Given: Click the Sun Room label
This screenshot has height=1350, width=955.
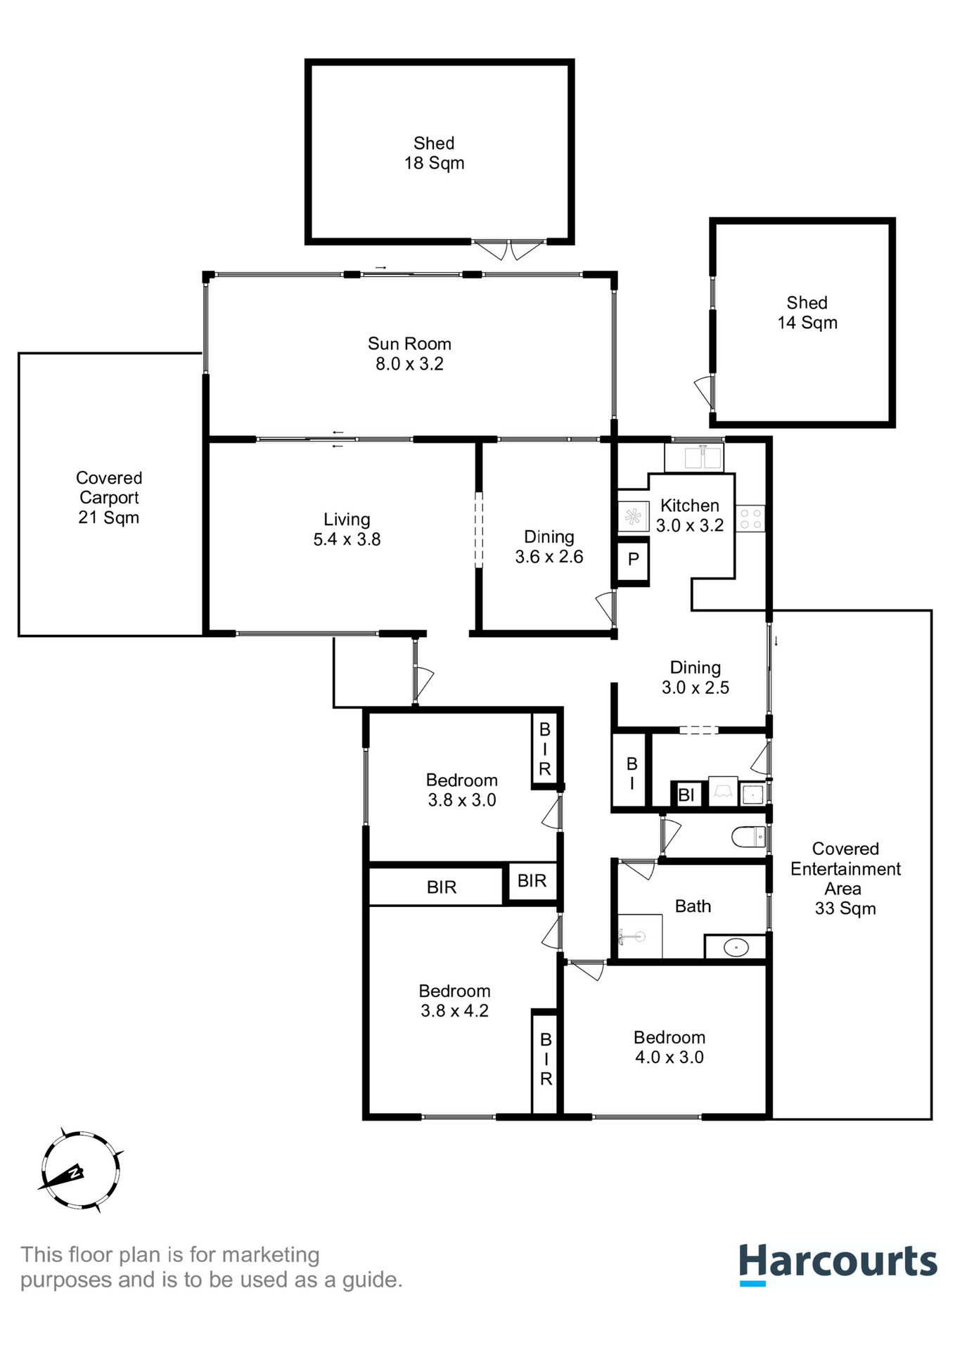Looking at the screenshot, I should coord(409,354).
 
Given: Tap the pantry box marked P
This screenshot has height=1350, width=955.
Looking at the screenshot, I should coord(633,560).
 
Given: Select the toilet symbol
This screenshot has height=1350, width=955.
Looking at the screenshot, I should coord(748,837).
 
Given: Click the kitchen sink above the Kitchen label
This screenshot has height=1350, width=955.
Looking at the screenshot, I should coord(694,458).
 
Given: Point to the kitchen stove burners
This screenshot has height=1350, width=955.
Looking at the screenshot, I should coord(750,519).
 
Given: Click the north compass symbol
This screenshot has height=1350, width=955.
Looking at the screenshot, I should coord(79,1171).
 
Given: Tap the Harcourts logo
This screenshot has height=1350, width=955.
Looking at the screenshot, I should coord(837,1264).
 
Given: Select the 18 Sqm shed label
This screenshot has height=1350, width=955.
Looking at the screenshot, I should coord(434,153).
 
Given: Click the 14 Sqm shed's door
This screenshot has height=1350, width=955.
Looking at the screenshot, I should coord(705,391).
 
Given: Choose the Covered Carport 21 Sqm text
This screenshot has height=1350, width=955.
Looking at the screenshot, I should coord(109,498).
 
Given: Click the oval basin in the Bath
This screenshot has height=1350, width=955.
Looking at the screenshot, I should coord(736,947).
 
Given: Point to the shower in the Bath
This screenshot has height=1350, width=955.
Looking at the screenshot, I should coord(639,936).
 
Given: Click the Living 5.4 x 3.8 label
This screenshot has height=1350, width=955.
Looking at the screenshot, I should coord(347,529).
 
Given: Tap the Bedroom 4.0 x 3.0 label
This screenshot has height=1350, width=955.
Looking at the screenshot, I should coord(669,1047).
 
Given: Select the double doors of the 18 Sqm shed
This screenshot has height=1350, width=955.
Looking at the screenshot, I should coord(508,250).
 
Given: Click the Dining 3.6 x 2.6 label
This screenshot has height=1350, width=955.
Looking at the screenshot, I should coord(549,547).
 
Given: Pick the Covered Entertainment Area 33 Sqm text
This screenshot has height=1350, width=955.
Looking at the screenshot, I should coord(845,878).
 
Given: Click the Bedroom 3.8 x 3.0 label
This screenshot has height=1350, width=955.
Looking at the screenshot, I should coord(461,790).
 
